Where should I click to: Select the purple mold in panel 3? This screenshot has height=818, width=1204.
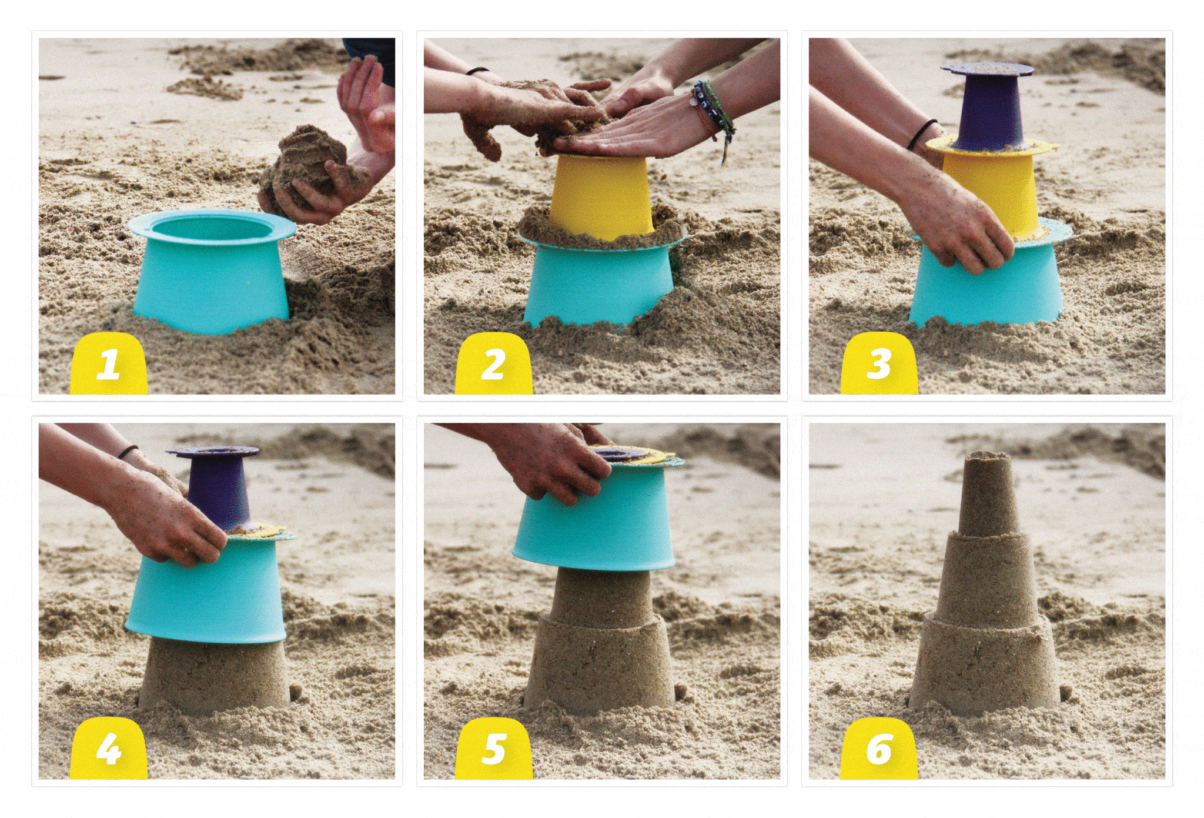(x=988, y=109)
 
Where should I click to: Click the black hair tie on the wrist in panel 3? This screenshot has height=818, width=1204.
(x=922, y=134)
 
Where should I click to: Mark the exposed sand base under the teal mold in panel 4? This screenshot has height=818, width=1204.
(x=214, y=676)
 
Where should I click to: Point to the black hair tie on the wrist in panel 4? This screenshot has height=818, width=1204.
(x=128, y=452)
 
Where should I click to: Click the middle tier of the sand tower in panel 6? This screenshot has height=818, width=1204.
(x=985, y=576)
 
